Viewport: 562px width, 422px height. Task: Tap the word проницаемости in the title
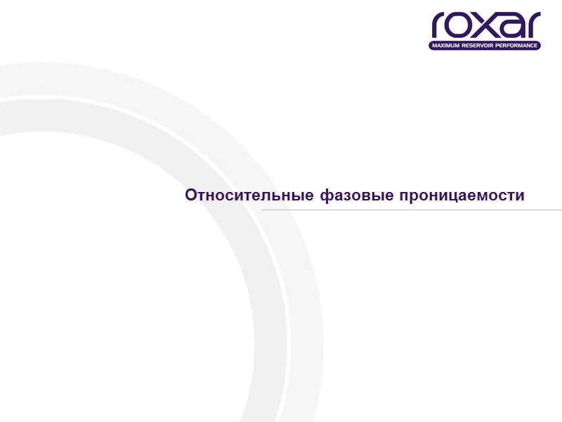pos(462,195)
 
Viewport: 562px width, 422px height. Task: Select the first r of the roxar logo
pos(440,27)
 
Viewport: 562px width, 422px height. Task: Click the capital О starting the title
pos(190,195)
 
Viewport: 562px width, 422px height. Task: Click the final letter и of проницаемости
pos(520,196)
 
